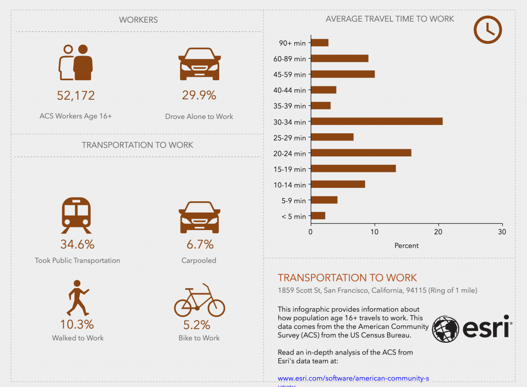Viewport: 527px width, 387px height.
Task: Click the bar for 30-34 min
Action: (x=377, y=121)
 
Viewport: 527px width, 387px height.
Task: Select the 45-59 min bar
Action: (x=343, y=74)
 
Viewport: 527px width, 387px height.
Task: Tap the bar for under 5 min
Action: (x=318, y=216)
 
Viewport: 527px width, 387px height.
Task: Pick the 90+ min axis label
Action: (x=292, y=43)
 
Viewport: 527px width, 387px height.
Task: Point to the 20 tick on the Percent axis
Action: (x=438, y=232)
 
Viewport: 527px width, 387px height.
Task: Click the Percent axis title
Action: (x=407, y=245)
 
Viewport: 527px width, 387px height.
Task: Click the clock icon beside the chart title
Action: (x=487, y=29)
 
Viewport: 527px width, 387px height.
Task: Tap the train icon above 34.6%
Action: (x=76, y=214)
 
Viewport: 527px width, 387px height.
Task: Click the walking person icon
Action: (x=77, y=298)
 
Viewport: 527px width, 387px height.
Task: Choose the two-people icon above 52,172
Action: (x=76, y=63)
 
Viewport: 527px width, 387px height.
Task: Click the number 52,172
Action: (x=76, y=95)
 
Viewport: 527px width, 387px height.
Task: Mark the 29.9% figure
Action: (x=199, y=95)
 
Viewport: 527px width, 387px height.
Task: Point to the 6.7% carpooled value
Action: (x=199, y=244)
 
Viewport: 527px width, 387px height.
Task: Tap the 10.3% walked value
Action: (x=77, y=324)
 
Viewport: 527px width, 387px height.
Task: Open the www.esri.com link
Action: (x=353, y=378)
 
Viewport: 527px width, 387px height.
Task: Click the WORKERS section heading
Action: (x=138, y=20)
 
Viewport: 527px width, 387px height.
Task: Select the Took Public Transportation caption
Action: (x=77, y=260)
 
